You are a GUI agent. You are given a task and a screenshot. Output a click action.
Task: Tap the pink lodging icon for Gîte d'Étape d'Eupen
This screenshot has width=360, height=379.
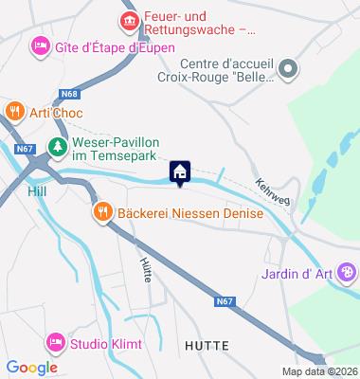coord(40,45)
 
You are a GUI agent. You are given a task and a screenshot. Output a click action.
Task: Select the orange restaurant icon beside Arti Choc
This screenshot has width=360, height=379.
coord(13,112)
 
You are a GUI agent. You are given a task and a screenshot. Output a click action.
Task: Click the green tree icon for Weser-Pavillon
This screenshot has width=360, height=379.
coord(58,146)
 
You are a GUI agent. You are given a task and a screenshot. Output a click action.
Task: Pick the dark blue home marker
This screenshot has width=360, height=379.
coord(180,171)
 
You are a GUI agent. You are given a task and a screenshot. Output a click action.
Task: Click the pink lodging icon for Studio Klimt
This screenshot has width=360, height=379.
coord(55,341)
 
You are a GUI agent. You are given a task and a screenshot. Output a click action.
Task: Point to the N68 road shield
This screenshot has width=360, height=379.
coord(68,92)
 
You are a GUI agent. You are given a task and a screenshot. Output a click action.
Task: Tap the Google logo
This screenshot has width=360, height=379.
coord(31,368)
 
